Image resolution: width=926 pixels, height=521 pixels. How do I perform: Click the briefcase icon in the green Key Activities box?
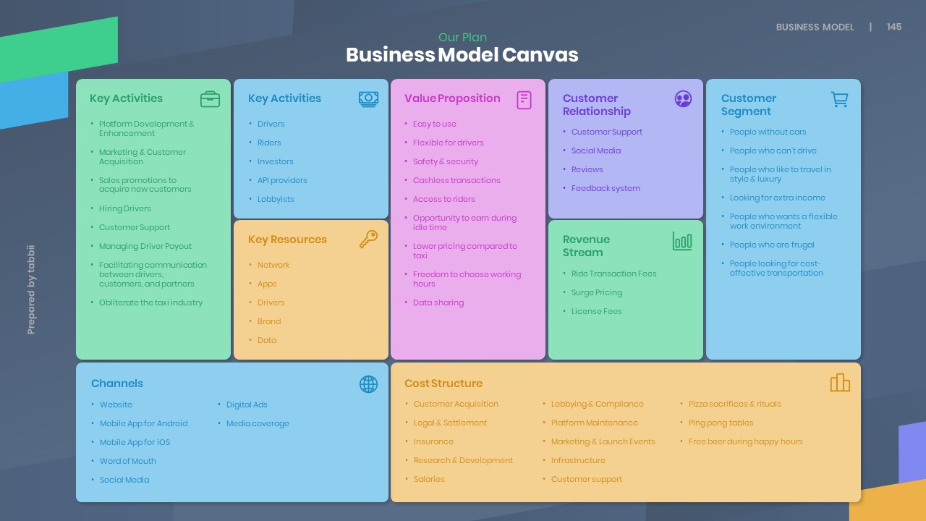click(210, 99)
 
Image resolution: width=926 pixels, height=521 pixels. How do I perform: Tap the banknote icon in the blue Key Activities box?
click(368, 99)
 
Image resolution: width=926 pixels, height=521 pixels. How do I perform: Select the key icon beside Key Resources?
click(368, 240)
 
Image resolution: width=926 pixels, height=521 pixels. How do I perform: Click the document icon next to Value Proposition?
click(524, 100)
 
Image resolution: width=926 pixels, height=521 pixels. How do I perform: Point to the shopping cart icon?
click(839, 99)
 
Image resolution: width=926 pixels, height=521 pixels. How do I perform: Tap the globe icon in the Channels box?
click(368, 384)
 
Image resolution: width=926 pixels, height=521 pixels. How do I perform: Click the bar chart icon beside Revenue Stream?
click(682, 241)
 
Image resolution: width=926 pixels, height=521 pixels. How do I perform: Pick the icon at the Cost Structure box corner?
click(840, 383)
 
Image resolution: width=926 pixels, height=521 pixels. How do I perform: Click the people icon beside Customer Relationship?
click(683, 99)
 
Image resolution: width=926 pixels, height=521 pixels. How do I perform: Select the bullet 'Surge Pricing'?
click(597, 292)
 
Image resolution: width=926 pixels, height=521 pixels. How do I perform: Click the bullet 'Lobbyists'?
click(276, 199)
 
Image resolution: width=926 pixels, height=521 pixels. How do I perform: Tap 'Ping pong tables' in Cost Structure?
click(721, 423)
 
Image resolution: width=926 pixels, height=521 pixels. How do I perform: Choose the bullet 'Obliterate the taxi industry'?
click(150, 302)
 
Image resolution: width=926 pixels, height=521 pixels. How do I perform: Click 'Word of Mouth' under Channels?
click(128, 461)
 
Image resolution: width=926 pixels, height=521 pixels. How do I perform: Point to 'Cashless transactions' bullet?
click(456, 180)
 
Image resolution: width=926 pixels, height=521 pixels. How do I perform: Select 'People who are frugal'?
click(772, 245)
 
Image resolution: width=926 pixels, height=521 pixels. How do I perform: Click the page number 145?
click(894, 27)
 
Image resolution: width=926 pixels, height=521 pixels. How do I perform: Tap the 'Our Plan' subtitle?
click(462, 38)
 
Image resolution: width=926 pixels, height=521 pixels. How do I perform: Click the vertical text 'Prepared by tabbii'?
click(31, 289)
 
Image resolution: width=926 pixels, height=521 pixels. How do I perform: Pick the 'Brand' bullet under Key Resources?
click(269, 321)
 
